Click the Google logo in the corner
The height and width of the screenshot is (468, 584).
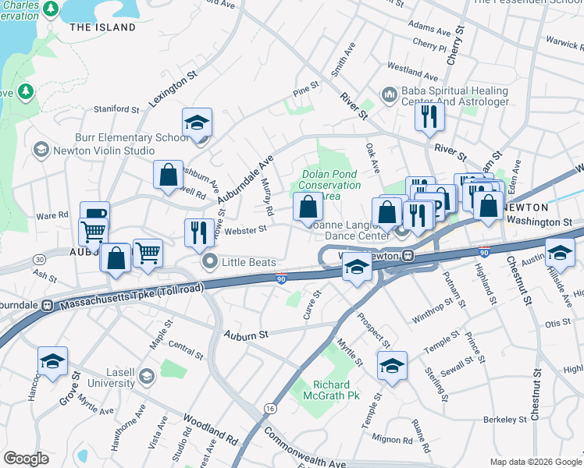tap(26, 459)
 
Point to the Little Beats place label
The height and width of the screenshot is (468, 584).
tap(248, 262)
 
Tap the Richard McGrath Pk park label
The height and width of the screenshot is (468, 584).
tap(336, 391)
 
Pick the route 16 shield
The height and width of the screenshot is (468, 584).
tap(270, 408)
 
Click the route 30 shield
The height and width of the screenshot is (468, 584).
tap(39, 259)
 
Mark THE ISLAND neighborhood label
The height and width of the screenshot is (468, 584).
tap(102, 27)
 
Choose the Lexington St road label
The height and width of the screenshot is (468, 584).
tap(172, 93)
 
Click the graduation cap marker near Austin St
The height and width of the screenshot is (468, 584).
tap(560, 252)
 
